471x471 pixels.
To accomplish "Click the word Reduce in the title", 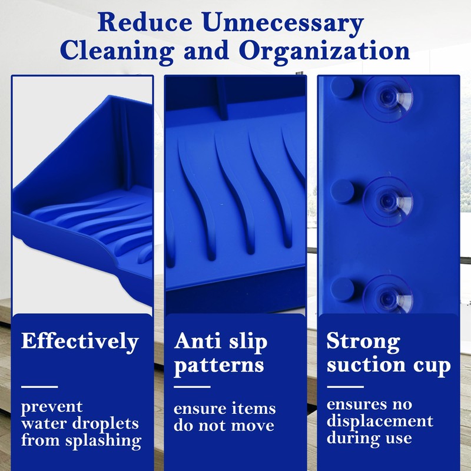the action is (x=145, y=22).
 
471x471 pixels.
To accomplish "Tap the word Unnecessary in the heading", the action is (x=283, y=25).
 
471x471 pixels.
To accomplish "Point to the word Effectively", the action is (x=80, y=342).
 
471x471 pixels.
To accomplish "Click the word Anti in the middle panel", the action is (x=197, y=341).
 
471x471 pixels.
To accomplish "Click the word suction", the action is (x=366, y=364).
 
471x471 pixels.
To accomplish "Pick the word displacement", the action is (x=380, y=422).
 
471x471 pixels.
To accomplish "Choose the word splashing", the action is (x=104, y=441).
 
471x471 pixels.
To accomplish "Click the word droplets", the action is (x=105, y=424).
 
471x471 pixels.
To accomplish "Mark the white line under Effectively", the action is (x=39, y=387).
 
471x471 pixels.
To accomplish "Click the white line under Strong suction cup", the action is (x=345, y=387).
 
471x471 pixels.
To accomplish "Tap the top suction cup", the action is (x=387, y=98).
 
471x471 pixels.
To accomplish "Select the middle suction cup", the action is (x=387, y=200).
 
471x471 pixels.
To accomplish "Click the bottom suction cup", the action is (x=387, y=296).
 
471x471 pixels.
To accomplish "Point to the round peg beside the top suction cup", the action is (x=343, y=88).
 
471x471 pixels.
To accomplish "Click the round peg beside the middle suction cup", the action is (x=343, y=192).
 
